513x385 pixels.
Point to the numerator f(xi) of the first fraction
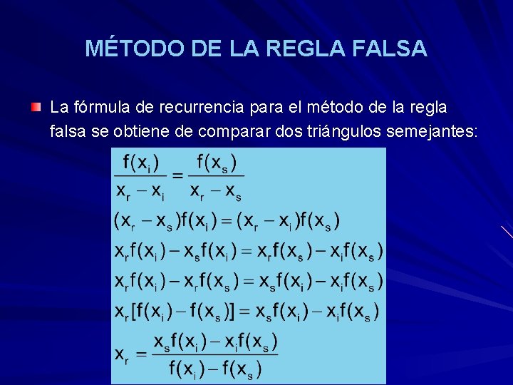[x=140, y=163]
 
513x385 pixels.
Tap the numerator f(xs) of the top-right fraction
[x=217, y=163]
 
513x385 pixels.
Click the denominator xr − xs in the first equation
[x=216, y=191]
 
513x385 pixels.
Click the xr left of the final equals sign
[x=123, y=354]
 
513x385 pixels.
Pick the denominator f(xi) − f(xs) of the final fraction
[x=215, y=368]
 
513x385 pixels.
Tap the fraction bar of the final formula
[x=215, y=354]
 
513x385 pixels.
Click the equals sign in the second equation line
[x=227, y=221]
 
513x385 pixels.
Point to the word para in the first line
[x=268, y=108]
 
